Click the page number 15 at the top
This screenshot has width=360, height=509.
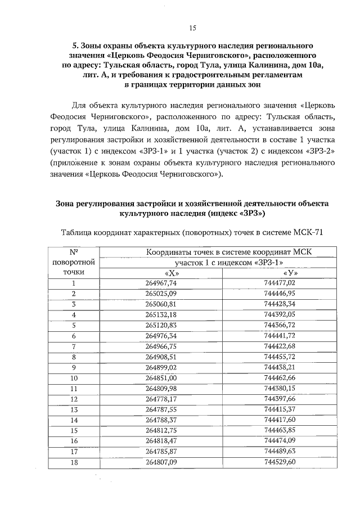pos(191,28)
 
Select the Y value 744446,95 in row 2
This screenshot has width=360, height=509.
pos(279,294)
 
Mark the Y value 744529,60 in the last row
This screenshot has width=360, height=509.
pos(279,462)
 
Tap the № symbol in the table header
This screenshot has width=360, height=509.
pos(74,253)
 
